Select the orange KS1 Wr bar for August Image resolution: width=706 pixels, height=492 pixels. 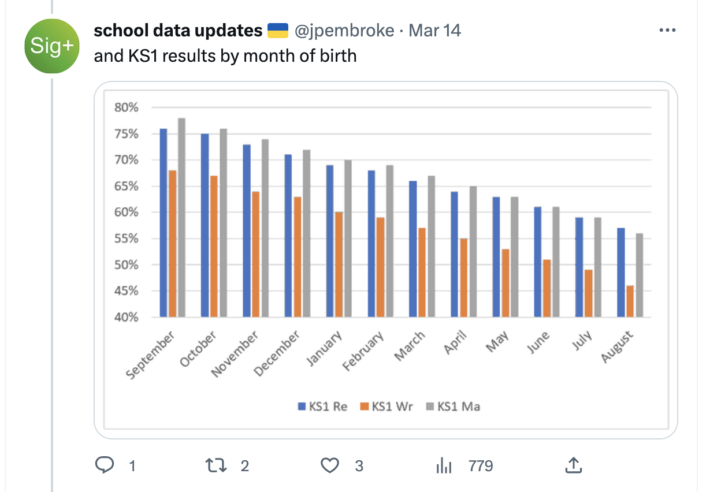[x=630, y=301]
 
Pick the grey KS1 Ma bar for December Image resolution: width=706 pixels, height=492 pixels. [x=306, y=233]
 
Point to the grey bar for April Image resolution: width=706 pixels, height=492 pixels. [x=473, y=252]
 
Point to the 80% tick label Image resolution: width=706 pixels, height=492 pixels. [x=125, y=107]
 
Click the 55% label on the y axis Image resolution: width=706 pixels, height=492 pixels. [x=125, y=238]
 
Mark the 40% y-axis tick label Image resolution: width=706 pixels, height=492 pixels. [x=125, y=317]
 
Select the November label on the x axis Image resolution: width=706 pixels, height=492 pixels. [x=235, y=354]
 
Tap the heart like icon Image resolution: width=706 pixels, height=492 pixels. [x=329, y=465]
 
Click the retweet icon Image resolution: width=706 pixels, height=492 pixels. [x=216, y=465]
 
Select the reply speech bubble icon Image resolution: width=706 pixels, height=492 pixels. [x=104, y=465]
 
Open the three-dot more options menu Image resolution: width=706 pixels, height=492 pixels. [x=667, y=31]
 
